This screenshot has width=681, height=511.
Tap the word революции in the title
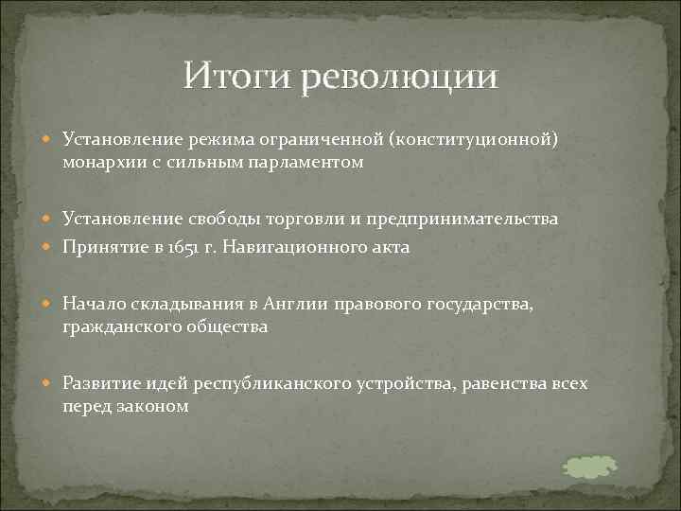[399, 78]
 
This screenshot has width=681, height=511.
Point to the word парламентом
[308, 164]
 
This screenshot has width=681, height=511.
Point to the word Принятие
[97, 249]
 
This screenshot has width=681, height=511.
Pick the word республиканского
[272, 383]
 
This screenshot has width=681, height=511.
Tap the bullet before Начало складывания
[50, 305]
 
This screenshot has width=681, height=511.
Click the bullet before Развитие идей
[50, 384]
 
